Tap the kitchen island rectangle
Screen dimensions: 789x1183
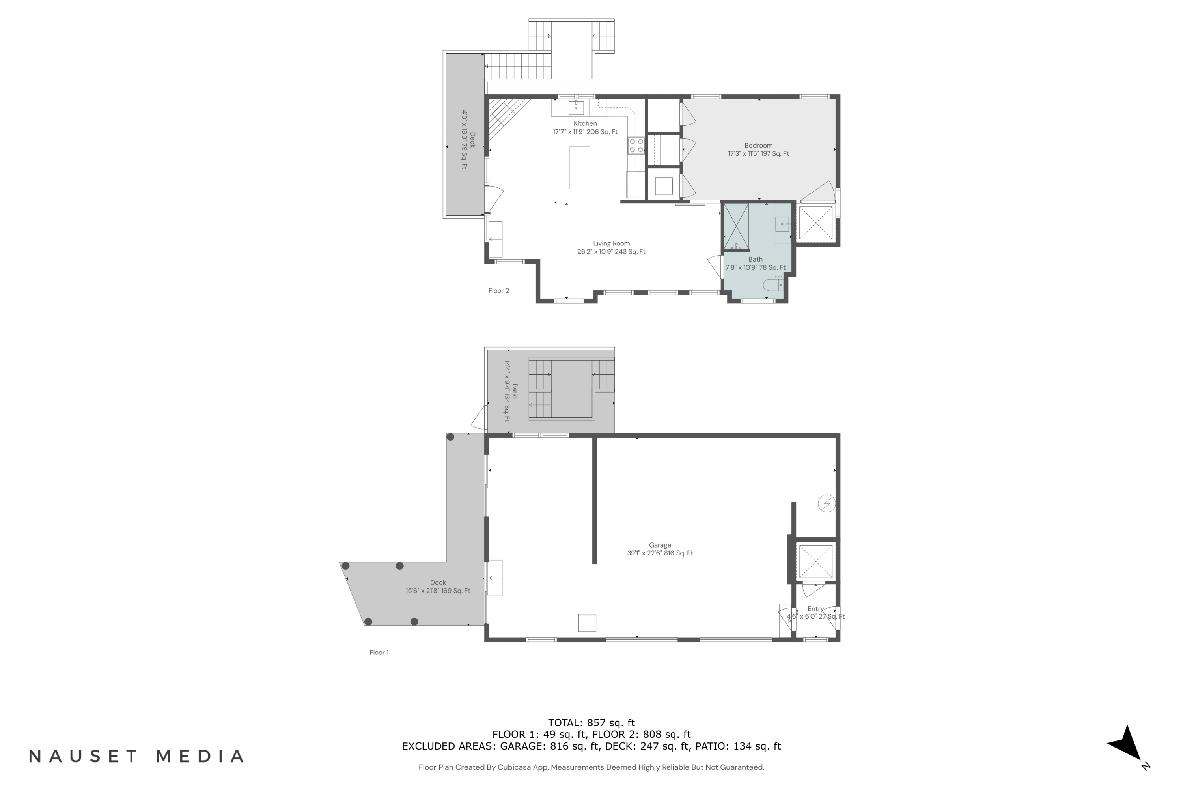click(x=579, y=168)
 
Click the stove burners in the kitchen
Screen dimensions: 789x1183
click(x=636, y=146)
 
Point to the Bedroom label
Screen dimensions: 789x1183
click(x=758, y=146)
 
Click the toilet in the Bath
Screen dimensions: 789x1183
click(x=772, y=285)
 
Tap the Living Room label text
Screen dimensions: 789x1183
click(x=611, y=243)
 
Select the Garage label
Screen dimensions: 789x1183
click(x=660, y=545)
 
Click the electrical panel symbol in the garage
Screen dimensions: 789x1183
click(x=827, y=503)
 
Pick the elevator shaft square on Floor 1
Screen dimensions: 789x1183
click(x=815, y=561)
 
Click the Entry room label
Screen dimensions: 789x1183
click(x=815, y=609)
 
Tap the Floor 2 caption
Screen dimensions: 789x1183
click(x=498, y=290)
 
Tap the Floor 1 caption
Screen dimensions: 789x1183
click(x=379, y=652)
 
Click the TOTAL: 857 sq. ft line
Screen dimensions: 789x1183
click(x=591, y=723)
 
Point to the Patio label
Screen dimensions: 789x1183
click(x=514, y=391)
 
